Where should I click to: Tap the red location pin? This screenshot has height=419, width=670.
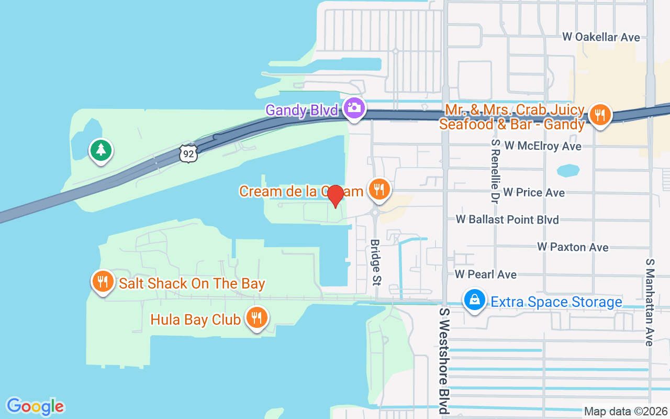click(336, 195)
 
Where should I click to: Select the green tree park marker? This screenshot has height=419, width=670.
click(101, 150)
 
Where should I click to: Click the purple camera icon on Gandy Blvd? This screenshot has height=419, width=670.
click(354, 108)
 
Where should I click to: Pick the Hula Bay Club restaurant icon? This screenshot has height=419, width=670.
click(256, 317)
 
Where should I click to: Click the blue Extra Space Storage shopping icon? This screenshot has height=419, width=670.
click(475, 300)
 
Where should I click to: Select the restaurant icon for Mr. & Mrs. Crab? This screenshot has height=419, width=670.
click(600, 114)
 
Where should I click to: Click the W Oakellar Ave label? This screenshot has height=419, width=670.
click(601, 37)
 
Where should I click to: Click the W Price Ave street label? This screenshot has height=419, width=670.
click(534, 193)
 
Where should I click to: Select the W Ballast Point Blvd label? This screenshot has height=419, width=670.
click(507, 219)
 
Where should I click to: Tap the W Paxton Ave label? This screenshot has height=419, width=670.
click(573, 247)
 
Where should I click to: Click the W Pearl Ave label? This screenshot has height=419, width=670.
click(486, 274)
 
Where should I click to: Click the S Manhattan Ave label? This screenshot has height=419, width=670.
click(650, 302)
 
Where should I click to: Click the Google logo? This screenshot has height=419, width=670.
click(36, 406)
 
